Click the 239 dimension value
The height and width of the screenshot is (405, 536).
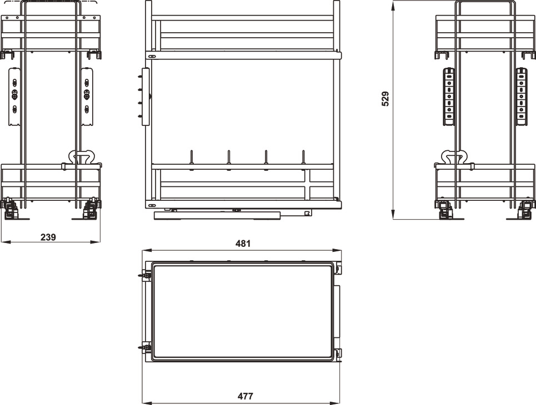(x=48, y=237)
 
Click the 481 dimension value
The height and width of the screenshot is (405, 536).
(x=243, y=243)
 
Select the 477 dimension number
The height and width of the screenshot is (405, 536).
(x=245, y=396)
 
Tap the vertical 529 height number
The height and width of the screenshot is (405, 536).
(x=385, y=99)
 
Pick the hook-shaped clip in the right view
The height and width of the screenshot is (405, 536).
(x=454, y=158)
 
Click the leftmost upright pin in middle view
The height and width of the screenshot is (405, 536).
(x=192, y=158)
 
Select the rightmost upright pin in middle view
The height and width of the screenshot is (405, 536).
(x=303, y=158)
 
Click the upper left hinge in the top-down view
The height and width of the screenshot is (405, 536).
(x=145, y=275)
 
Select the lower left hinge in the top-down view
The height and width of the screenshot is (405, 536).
(x=145, y=348)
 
